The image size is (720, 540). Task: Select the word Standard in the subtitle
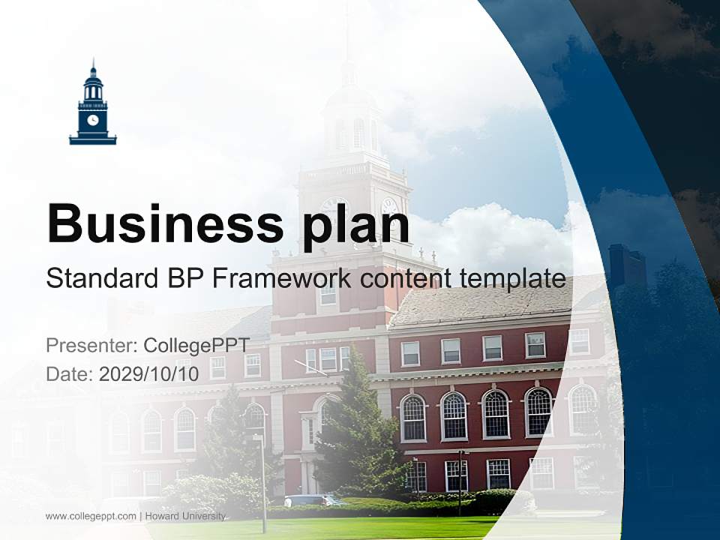(99, 279)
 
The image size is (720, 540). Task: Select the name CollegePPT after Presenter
(196, 346)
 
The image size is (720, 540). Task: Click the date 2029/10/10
(148, 373)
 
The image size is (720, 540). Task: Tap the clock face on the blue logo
(93, 119)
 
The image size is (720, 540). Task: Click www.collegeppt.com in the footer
(91, 516)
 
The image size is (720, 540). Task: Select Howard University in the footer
(185, 516)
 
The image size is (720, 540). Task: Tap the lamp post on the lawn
(262, 480)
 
